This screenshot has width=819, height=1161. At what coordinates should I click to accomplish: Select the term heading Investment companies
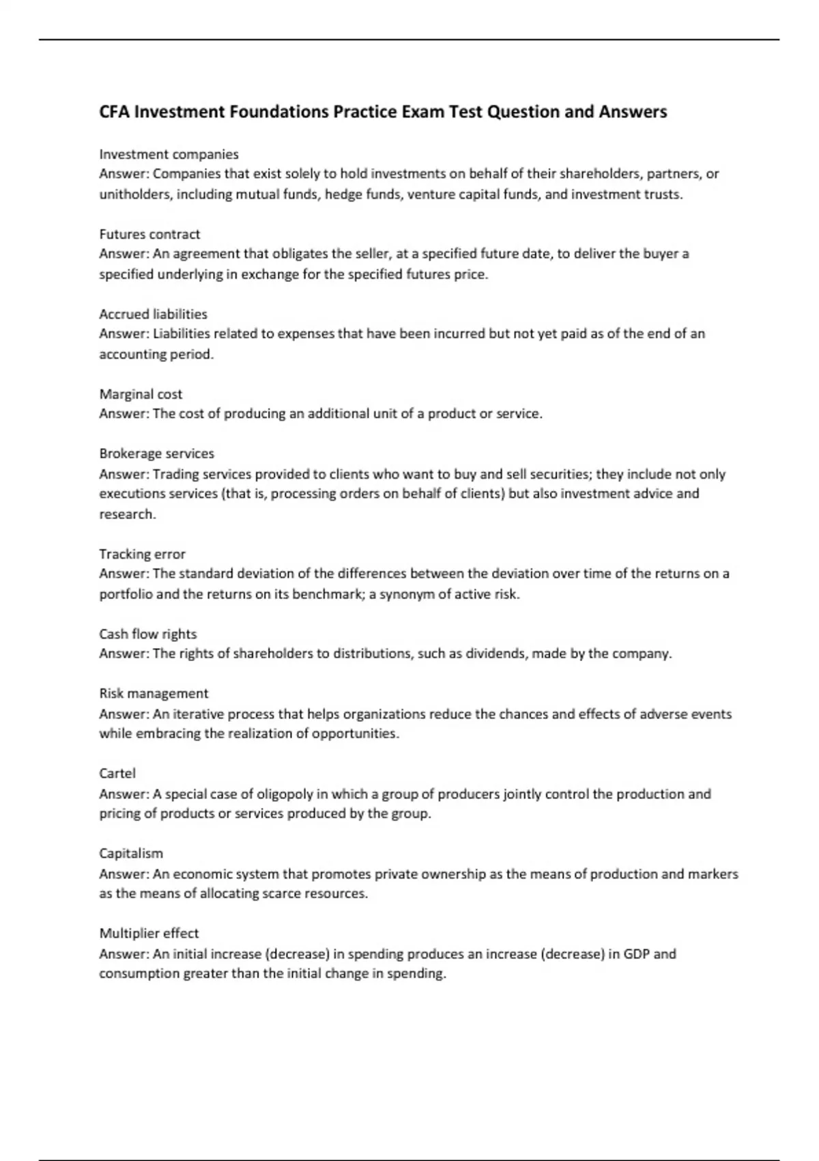tap(169, 154)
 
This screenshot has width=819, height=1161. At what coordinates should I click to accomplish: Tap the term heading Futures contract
tap(149, 234)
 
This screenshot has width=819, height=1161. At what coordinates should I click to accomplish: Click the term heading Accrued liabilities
tap(153, 314)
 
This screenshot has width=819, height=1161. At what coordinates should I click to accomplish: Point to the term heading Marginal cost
tap(141, 394)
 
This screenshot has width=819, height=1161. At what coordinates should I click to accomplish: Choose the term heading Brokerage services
tap(156, 453)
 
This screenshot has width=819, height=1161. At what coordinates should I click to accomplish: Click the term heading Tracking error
tap(142, 554)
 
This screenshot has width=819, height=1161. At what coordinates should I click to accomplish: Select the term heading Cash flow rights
tap(147, 634)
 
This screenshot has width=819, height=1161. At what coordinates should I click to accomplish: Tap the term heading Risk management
tap(154, 693)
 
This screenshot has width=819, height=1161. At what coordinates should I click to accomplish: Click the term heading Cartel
tap(117, 773)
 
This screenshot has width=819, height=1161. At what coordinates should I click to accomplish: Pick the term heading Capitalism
tap(131, 853)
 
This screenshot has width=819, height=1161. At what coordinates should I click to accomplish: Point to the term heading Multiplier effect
tap(149, 933)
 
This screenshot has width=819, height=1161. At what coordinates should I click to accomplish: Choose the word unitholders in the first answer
tap(135, 195)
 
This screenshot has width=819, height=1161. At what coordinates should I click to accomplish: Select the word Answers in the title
tap(633, 112)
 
